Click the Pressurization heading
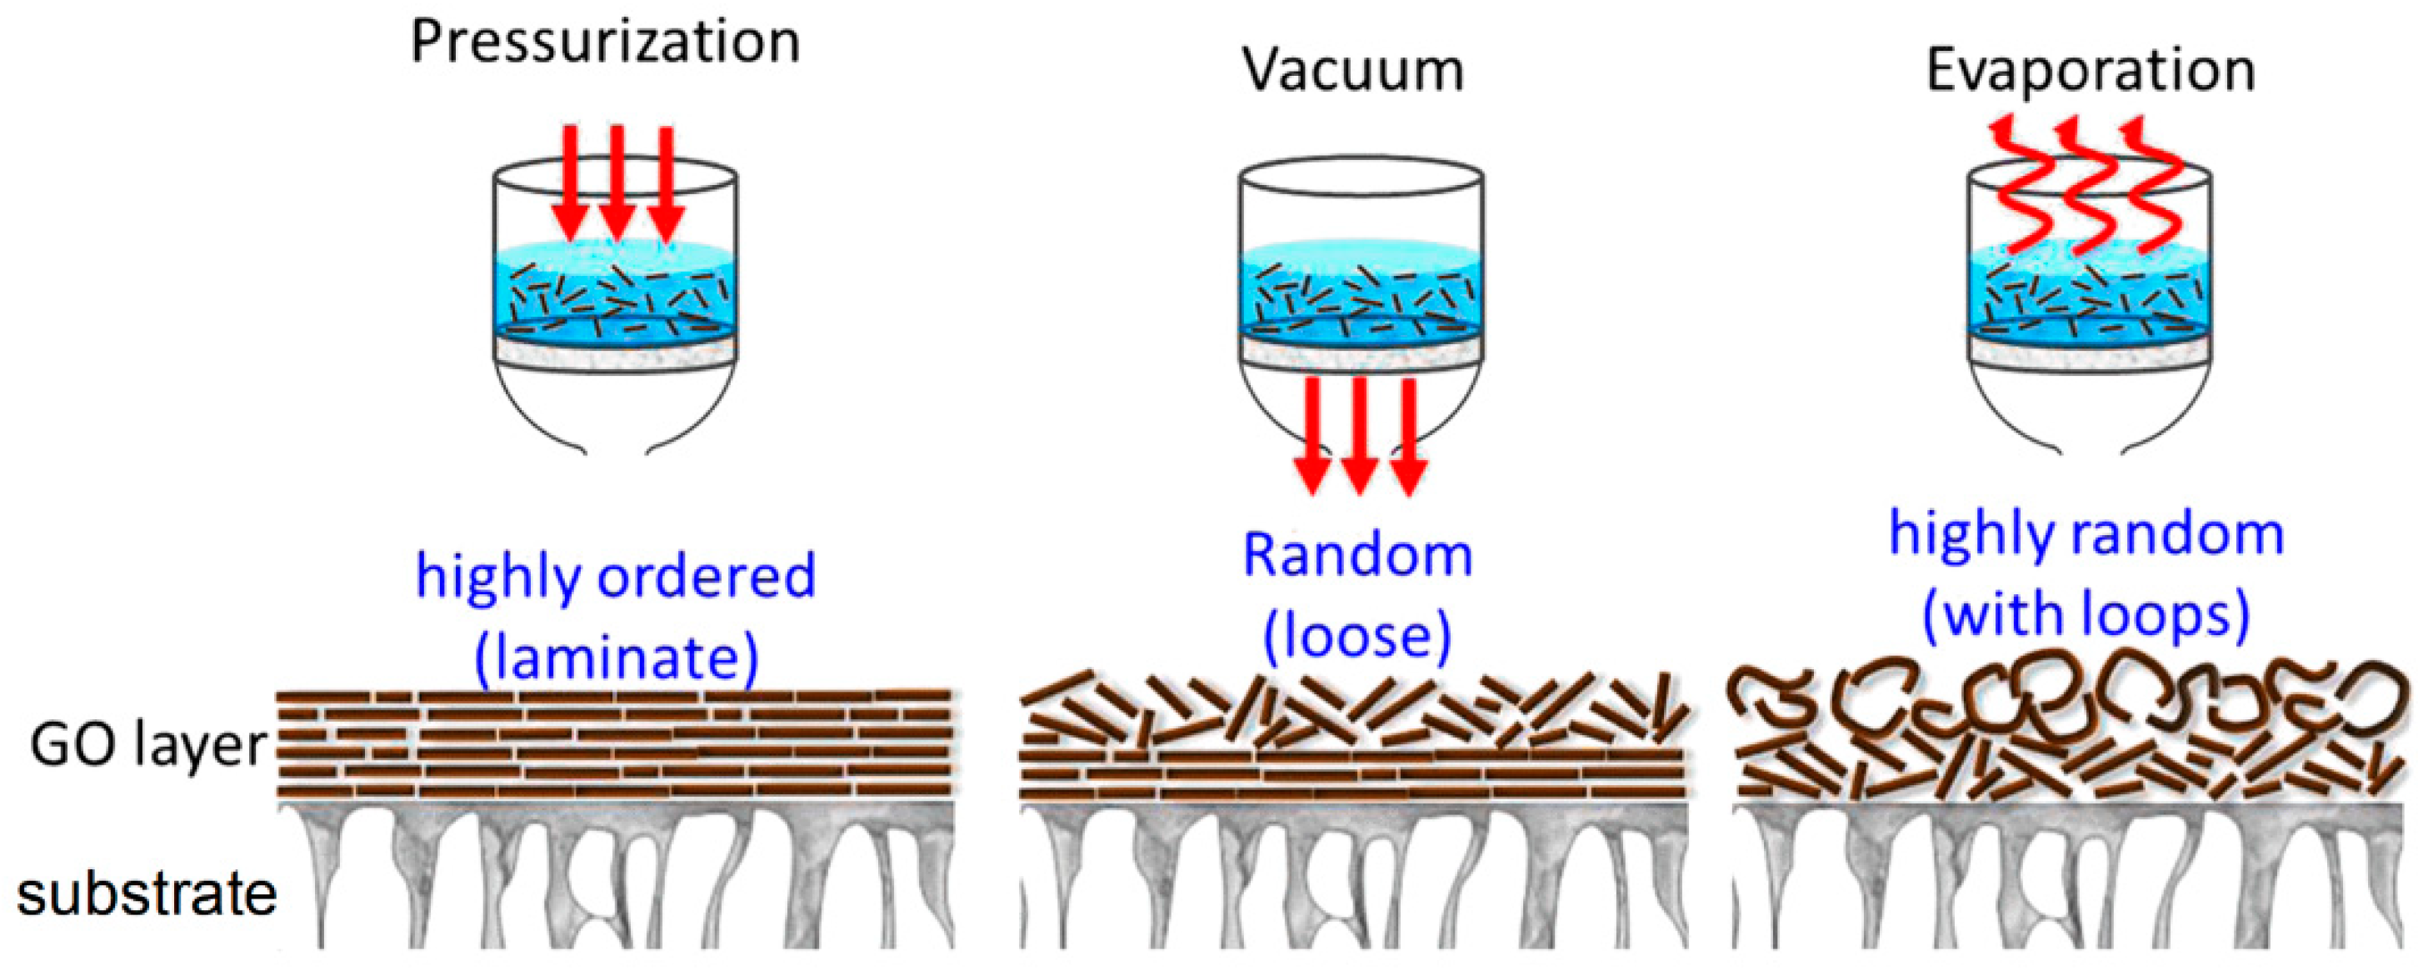tap(605, 43)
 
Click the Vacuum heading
tap(1352, 71)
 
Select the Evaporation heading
tap(2090, 71)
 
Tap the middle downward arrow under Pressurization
tap(617, 183)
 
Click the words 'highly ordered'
tap(615, 577)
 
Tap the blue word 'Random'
tap(1357, 555)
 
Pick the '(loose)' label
tap(1357, 637)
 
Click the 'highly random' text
tap(2086, 534)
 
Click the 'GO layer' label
tap(148, 746)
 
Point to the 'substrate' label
tap(147, 893)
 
